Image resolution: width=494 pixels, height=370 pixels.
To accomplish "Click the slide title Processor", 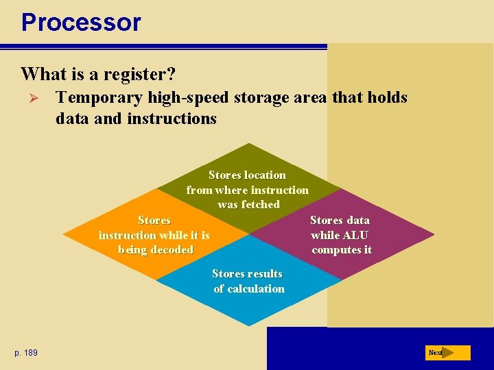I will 81,22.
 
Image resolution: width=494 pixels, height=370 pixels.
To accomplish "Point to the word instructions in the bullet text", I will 172,119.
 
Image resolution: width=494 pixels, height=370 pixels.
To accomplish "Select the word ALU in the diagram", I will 355,235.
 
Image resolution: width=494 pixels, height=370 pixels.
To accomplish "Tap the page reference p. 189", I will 26,352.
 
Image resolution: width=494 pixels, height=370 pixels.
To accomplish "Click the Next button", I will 447,353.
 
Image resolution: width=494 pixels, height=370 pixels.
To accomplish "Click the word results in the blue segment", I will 264,274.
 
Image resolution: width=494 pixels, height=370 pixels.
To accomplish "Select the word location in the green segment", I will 261,175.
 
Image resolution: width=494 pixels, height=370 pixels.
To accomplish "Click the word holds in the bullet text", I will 387,97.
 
